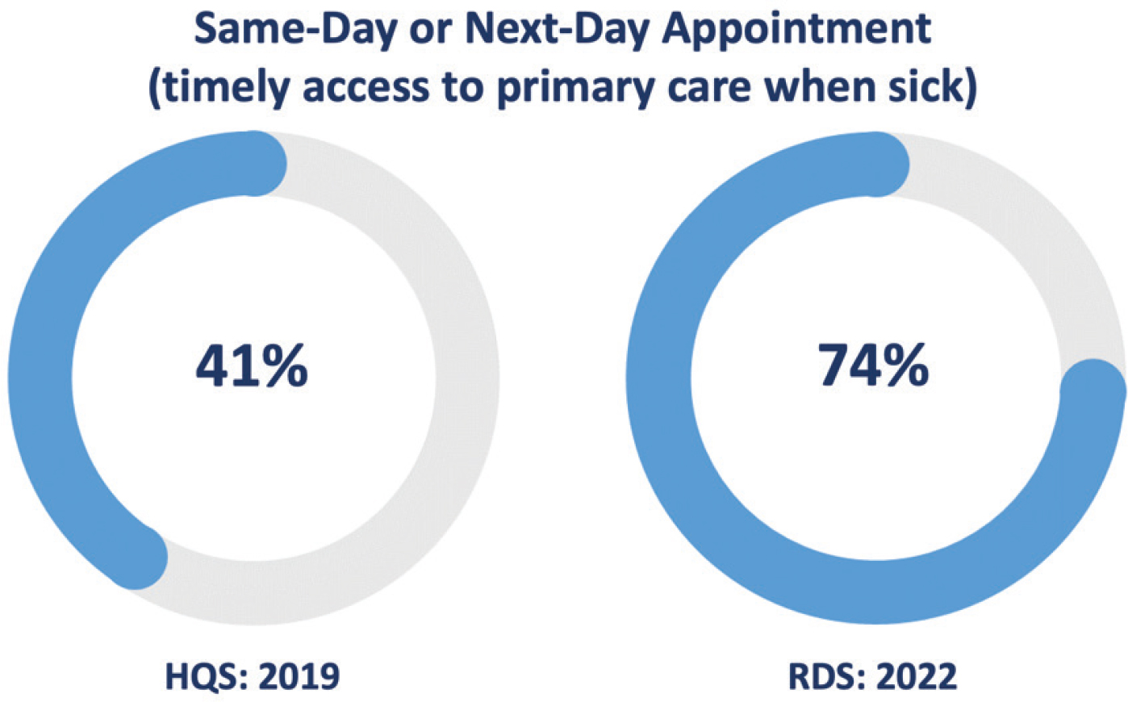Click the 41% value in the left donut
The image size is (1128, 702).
point(252,366)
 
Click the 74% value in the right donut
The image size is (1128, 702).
point(874,366)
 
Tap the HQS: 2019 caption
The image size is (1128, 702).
point(253,675)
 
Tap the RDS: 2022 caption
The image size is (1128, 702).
point(873,675)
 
